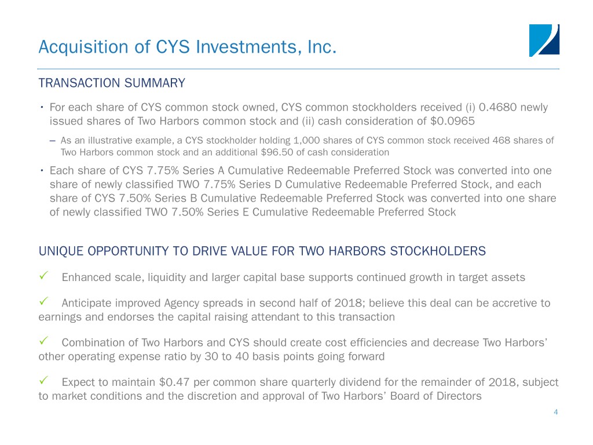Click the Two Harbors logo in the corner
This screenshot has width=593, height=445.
pos(544,41)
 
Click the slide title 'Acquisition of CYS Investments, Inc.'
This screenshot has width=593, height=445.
pos(187,47)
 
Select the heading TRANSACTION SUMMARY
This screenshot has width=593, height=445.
pos(112,83)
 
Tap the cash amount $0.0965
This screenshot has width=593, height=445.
pos(452,121)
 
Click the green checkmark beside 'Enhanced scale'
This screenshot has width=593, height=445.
pos(43,275)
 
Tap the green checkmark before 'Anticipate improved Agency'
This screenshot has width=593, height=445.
pos(43,301)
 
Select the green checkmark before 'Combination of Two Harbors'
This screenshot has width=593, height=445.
pos(43,341)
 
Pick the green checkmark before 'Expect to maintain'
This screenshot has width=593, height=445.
pos(43,380)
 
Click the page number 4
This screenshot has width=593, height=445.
pos(555,412)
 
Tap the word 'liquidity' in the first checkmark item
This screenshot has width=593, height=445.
pos(167,278)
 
